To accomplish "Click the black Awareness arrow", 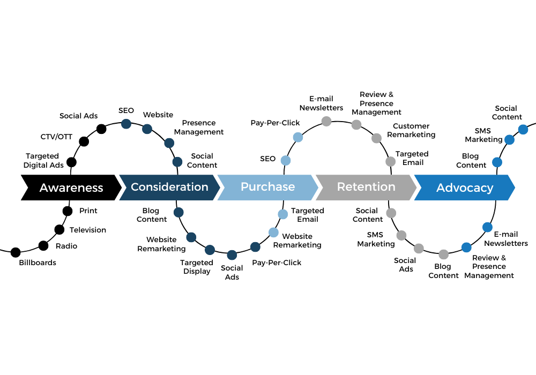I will pos(71,187).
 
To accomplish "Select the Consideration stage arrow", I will pos(169,187).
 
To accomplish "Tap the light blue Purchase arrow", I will pos(267,187).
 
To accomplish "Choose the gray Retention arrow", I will pos(366,187).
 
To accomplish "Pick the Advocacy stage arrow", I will pos(464,187).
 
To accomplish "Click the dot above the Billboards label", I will pos(16,252).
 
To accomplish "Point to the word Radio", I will pos(66,246).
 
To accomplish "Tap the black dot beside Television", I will pos(59,230).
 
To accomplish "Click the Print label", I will pos(88,211).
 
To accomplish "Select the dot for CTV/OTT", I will pos(84,141).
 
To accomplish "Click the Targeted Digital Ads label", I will pos(43,161).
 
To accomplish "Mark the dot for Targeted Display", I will pos(210,250).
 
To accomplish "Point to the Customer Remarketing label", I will pos(411,131).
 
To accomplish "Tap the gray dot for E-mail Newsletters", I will pos(326,121).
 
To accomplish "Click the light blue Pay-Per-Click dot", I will pos(298,137).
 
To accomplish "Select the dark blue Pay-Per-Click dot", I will pos(255,247).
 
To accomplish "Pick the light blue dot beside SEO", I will pos(286,160).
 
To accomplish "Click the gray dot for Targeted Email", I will pos(391,162).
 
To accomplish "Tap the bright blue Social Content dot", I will pos(523,130).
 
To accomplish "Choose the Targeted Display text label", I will pos(197,267).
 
